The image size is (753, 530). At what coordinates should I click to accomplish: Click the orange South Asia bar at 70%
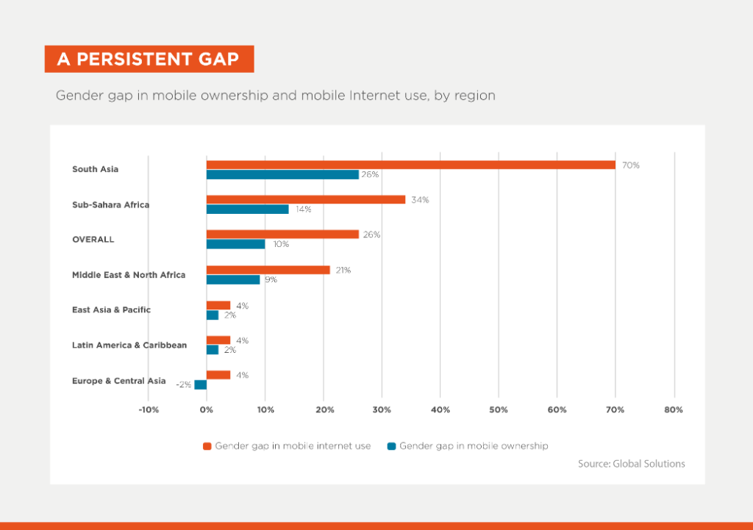410,165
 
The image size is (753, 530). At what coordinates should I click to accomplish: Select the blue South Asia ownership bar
282,175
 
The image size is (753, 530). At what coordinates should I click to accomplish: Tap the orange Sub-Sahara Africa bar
306,199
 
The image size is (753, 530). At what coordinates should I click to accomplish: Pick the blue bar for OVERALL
235,244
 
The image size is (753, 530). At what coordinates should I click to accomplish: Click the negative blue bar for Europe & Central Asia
200,384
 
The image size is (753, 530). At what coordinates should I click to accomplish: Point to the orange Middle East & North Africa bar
268,270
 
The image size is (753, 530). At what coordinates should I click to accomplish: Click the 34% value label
420,199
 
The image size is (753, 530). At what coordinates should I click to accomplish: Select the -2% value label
183,384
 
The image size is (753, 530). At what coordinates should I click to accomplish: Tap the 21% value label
342,270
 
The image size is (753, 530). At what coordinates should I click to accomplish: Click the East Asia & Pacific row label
111,309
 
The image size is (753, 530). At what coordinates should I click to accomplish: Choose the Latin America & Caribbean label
129,345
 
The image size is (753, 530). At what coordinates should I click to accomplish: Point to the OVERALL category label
93,240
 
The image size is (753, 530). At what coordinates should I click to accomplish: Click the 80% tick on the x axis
674,409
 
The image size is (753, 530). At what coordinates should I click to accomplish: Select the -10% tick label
148,409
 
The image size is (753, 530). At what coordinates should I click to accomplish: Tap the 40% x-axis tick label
440,409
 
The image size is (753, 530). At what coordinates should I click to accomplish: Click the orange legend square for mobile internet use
207,446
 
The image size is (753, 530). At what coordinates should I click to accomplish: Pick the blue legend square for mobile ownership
392,446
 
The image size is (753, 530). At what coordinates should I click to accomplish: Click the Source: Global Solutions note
632,464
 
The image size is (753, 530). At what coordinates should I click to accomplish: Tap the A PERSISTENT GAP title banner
149,59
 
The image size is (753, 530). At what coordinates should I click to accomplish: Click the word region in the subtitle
475,96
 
